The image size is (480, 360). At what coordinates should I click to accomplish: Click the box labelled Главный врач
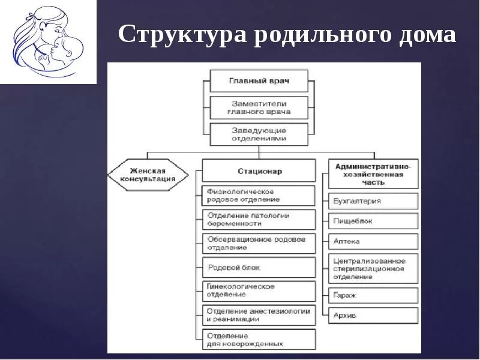point(259,80)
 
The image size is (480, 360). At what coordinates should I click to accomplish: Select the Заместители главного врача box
point(259,107)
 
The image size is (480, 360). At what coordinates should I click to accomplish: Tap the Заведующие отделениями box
point(259,134)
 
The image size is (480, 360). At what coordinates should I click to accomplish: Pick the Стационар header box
point(259,171)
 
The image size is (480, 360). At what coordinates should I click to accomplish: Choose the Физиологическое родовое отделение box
point(259,196)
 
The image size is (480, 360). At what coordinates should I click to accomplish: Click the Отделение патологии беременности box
point(259,219)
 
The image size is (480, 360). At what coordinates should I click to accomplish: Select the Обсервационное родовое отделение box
point(259,243)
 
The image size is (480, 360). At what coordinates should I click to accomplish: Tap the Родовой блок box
point(259,268)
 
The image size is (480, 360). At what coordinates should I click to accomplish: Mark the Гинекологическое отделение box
point(259,291)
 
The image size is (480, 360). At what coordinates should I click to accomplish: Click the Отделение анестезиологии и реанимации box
point(259,315)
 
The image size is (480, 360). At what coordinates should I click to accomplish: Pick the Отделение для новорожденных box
point(259,340)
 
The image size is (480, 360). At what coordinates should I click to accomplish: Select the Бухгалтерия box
point(373,201)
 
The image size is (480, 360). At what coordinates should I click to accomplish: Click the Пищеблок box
point(373,221)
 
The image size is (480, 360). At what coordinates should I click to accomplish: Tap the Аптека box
point(373,241)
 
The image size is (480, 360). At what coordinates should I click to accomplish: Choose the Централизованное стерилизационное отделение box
point(373,269)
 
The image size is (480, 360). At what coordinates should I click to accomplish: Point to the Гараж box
point(373,295)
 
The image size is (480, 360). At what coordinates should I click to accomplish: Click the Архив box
point(373,315)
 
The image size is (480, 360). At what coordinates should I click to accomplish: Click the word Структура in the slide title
point(181,35)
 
